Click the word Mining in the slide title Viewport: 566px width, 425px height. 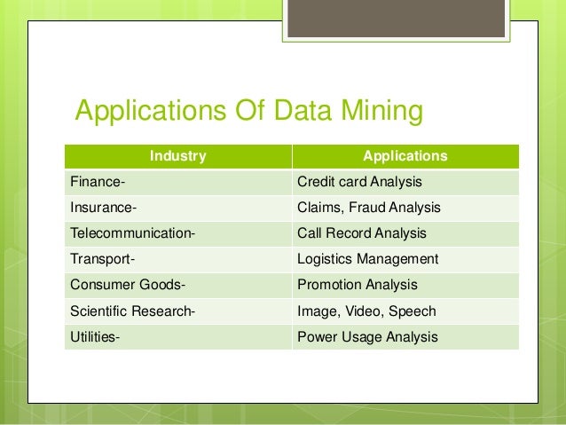pos(374,114)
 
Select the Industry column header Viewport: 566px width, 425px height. pos(177,156)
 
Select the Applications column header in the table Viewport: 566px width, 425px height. pos(405,156)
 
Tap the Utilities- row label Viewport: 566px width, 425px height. pos(91,337)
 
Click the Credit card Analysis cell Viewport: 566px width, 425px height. pos(359,183)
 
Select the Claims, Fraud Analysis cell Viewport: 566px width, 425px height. pos(368,209)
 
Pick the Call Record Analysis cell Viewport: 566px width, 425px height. pos(362,234)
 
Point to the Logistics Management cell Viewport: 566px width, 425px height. pos(367,260)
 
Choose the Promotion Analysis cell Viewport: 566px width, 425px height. pos(357,286)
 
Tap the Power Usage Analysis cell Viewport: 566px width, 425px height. pos(367,337)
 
